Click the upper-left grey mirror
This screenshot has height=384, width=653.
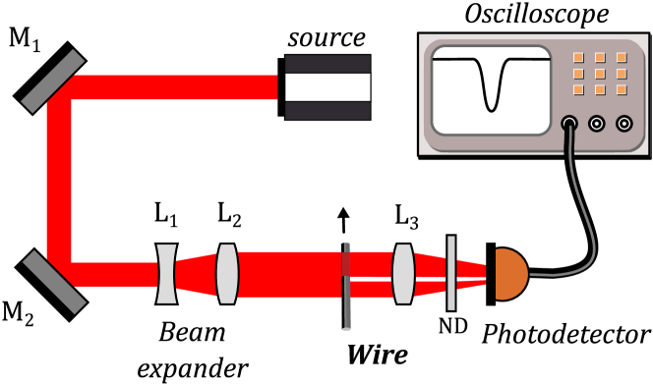pyautogui.click(x=52, y=81)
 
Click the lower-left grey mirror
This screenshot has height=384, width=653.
pyautogui.click(x=53, y=281)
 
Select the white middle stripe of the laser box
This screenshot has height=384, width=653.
pyautogui.click(x=327, y=87)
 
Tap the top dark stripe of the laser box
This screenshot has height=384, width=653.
pyautogui.click(x=327, y=64)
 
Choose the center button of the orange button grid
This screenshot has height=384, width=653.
pyautogui.click(x=599, y=74)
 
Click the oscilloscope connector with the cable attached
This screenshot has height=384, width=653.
pyautogui.click(x=568, y=124)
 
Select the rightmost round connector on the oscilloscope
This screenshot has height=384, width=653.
pyautogui.click(x=623, y=124)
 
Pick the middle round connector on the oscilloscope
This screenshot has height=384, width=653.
pyautogui.click(x=596, y=124)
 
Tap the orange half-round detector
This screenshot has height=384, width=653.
pyautogui.click(x=508, y=274)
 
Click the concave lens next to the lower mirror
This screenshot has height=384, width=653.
pyautogui.click(x=166, y=274)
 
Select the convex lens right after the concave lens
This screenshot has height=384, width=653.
pyautogui.click(x=227, y=274)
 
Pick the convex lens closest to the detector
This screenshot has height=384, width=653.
pyautogui.click(x=403, y=274)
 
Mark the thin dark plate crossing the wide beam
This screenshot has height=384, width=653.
pyautogui.click(x=346, y=286)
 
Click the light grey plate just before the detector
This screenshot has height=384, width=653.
pyautogui.click(x=451, y=273)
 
